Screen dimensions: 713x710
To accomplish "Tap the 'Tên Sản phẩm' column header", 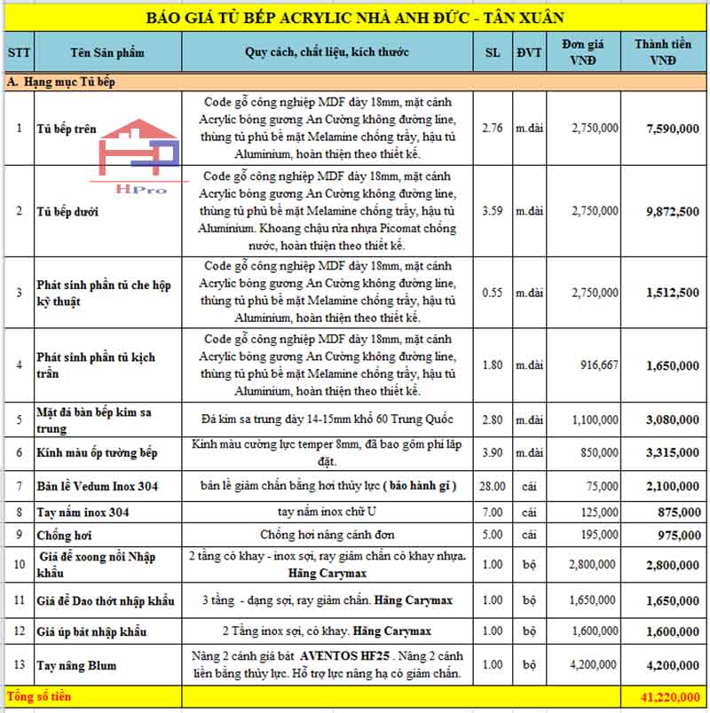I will tap(106, 52).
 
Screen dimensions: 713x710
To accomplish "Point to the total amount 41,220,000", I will tap(666, 697).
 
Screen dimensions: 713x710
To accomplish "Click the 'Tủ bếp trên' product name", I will tap(67, 129).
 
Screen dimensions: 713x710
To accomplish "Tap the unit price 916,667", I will tap(595, 365).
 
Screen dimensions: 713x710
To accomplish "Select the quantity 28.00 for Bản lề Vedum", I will tap(493, 486).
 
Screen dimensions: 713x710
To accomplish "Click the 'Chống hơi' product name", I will tap(64, 536).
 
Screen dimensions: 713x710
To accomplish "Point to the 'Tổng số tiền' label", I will tap(41, 697).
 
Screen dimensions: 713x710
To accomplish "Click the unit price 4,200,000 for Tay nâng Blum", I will tap(595, 665).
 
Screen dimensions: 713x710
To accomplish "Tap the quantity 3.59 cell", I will tap(493, 211).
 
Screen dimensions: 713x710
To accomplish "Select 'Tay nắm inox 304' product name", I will tap(83, 512).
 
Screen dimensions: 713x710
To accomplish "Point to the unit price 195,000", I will tap(600, 536).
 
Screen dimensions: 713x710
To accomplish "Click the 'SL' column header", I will tap(493, 52).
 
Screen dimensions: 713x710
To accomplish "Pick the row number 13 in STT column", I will tap(19, 665).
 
